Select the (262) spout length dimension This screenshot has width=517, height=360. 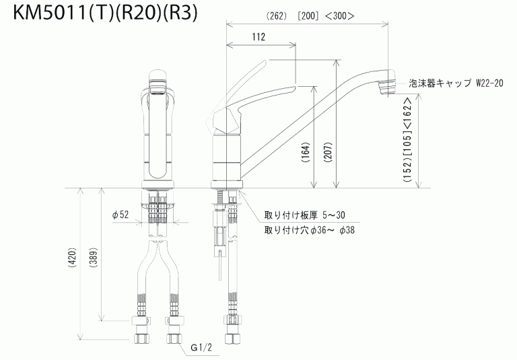(276, 15)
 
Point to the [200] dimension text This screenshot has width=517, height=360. (310, 15)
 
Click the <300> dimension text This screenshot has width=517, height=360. (344, 15)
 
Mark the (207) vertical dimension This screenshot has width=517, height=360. (327, 156)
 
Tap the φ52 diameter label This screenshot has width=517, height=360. (120, 215)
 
